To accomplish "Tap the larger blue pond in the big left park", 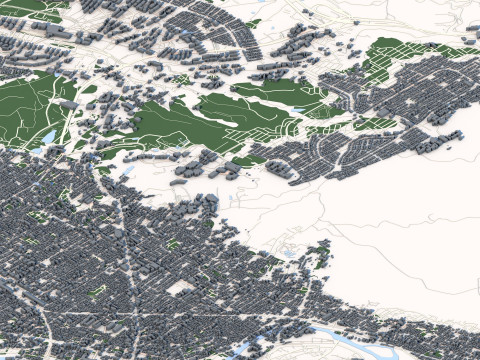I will coord(47,135).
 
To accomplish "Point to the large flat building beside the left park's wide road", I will coord(67,103).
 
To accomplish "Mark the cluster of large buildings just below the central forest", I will coord(200,170).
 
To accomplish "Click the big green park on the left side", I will coord(35,105).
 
